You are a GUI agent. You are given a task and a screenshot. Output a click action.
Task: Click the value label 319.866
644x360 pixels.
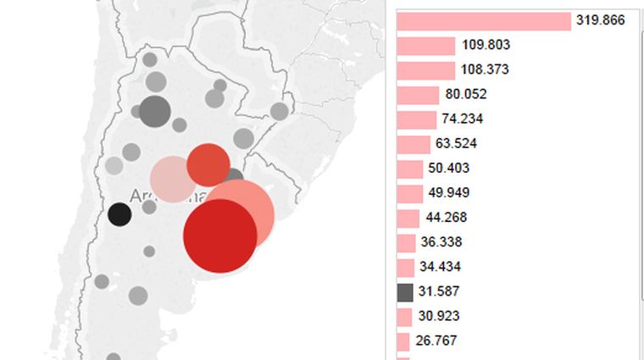(601, 20)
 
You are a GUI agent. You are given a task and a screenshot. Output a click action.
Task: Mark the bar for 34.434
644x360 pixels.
(407, 267)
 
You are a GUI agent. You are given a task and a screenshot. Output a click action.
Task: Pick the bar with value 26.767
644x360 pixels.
(405, 341)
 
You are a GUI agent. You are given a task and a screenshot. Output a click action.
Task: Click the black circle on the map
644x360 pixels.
(119, 214)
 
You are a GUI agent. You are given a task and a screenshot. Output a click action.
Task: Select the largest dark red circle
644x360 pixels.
(220, 235)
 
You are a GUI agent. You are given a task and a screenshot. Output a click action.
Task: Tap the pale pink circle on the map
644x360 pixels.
(172, 180)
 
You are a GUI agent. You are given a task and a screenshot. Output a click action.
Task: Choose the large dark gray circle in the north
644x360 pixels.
(154, 110)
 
